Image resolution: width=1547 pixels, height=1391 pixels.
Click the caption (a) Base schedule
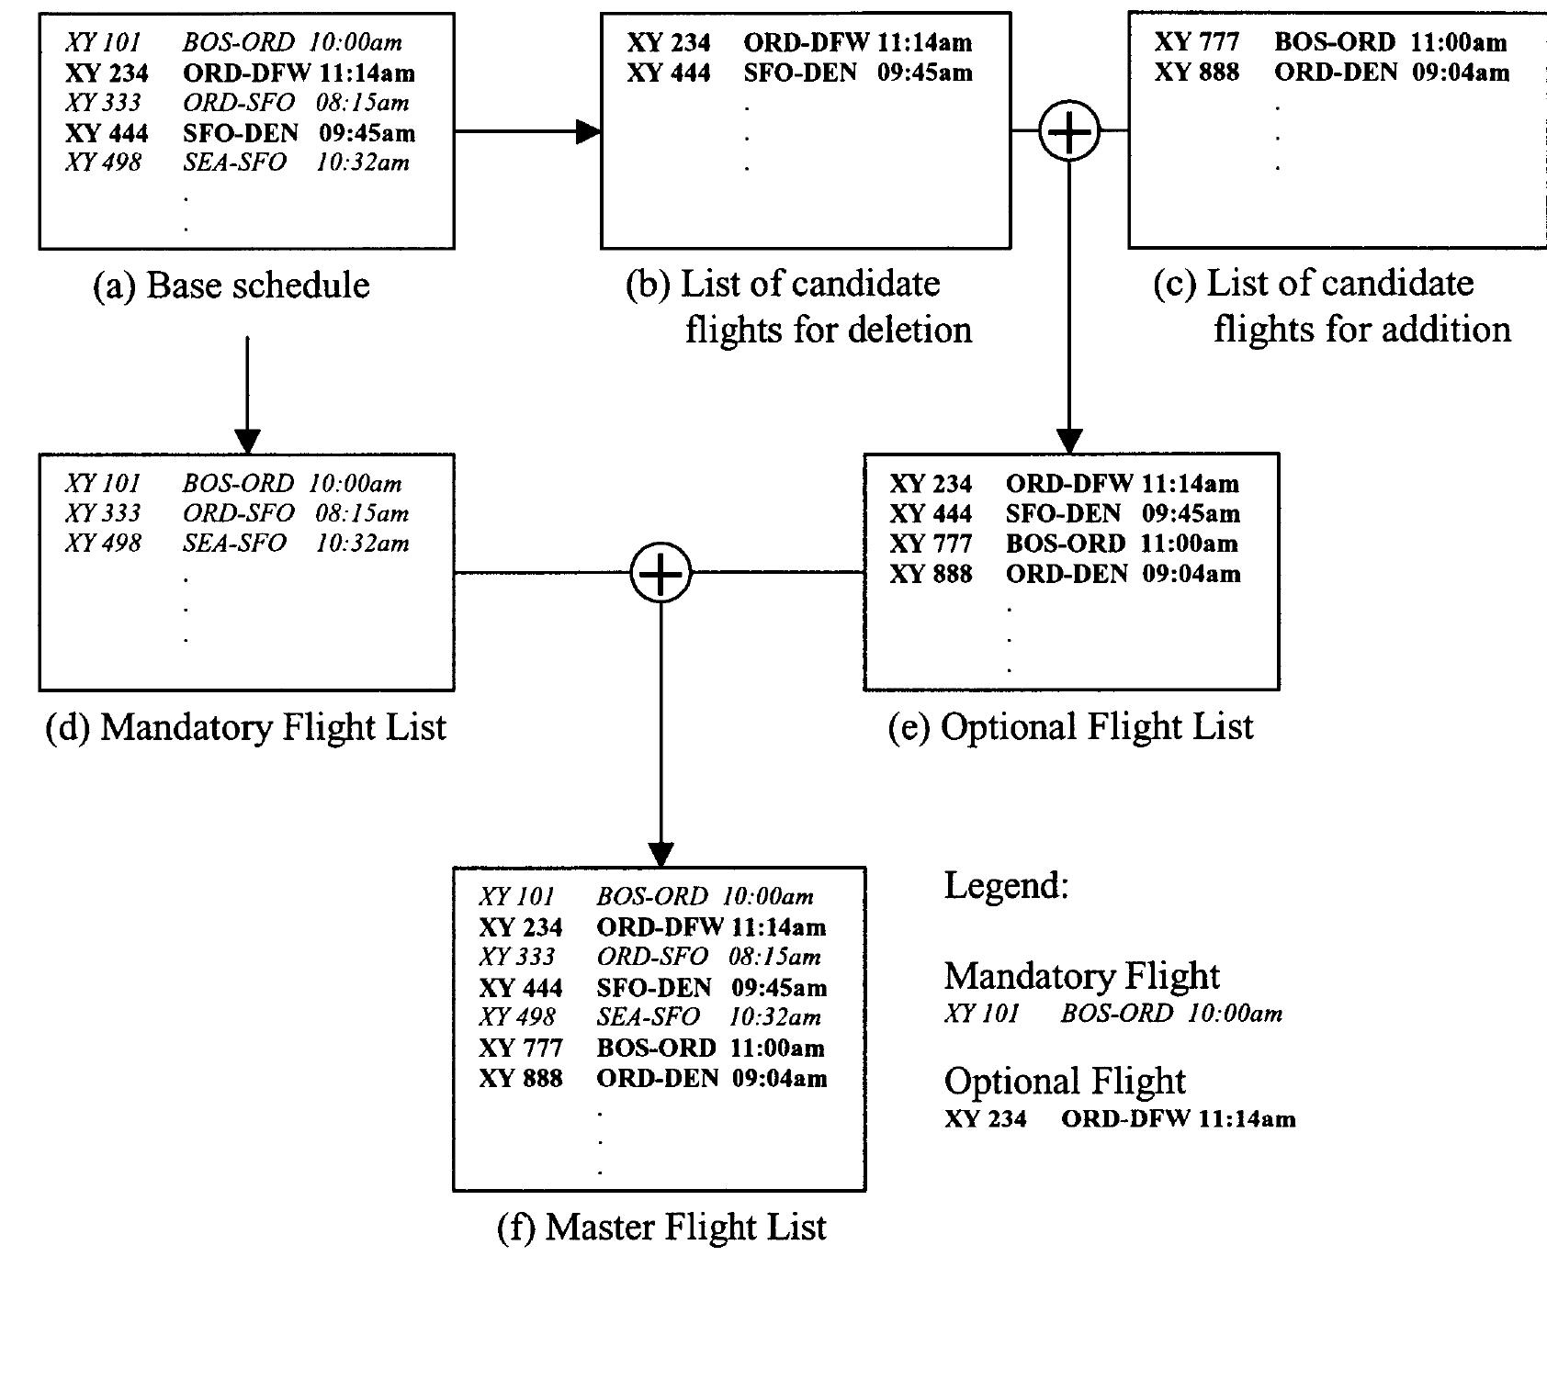click(x=231, y=286)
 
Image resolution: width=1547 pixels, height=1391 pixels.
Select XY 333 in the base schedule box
click(x=103, y=103)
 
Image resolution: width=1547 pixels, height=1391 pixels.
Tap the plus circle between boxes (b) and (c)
click(x=1069, y=131)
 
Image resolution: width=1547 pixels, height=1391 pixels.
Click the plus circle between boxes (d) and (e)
click(x=661, y=573)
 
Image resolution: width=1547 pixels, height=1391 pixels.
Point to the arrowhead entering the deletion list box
click(x=589, y=131)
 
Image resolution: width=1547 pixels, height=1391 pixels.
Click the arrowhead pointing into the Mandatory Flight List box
click(x=247, y=441)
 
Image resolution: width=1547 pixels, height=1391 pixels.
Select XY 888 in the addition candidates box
click(x=1196, y=73)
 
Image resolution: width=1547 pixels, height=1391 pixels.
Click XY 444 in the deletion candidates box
click(x=669, y=73)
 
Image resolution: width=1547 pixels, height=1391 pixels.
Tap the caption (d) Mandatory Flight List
click(x=245, y=727)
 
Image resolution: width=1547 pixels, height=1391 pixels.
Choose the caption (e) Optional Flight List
click(x=1070, y=726)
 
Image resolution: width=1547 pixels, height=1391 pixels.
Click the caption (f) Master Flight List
click(x=661, y=1227)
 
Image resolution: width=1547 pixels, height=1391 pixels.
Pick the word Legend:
click(x=1006, y=885)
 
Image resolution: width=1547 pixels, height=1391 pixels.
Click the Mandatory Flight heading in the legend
click(x=1081, y=975)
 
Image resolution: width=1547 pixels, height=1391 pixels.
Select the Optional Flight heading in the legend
click(x=1064, y=1081)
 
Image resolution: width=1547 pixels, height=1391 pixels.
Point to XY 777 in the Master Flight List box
click(x=520, y=1048)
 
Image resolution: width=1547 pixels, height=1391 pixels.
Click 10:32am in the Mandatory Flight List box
click(x=362, y=544)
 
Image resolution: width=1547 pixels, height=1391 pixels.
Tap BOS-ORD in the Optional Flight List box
click(x=1065, y=544)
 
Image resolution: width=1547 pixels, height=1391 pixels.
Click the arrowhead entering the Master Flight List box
click(x=661, y=855)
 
